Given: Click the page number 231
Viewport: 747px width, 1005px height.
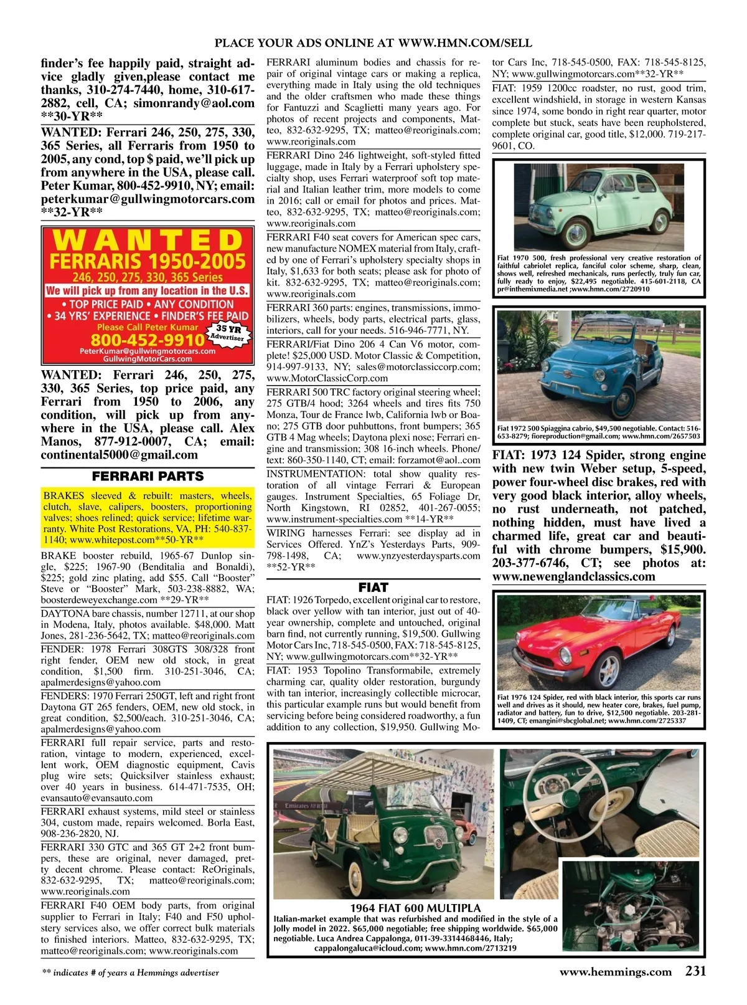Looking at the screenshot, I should pos(695,971).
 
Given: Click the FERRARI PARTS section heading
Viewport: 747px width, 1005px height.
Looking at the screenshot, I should pos(148,477).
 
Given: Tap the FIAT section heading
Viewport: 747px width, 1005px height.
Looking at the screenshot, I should pos(373,587).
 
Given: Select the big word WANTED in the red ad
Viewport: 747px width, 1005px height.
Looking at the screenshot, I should pos(148,241).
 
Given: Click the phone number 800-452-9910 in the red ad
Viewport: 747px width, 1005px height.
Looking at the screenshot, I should pos(147,340).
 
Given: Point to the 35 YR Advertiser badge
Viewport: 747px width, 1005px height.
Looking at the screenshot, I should pos(229,333).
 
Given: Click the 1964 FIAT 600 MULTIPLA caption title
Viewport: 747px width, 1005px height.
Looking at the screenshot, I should pos(415,908).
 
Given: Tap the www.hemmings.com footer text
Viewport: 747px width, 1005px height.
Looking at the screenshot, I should pos(616,972).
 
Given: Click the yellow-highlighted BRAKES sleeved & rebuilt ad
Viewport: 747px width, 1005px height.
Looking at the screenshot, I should pos(148,518).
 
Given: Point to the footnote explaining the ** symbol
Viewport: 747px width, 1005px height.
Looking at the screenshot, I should pos(130,973).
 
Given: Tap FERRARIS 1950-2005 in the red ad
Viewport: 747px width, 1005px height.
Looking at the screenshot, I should pos(148,260).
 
